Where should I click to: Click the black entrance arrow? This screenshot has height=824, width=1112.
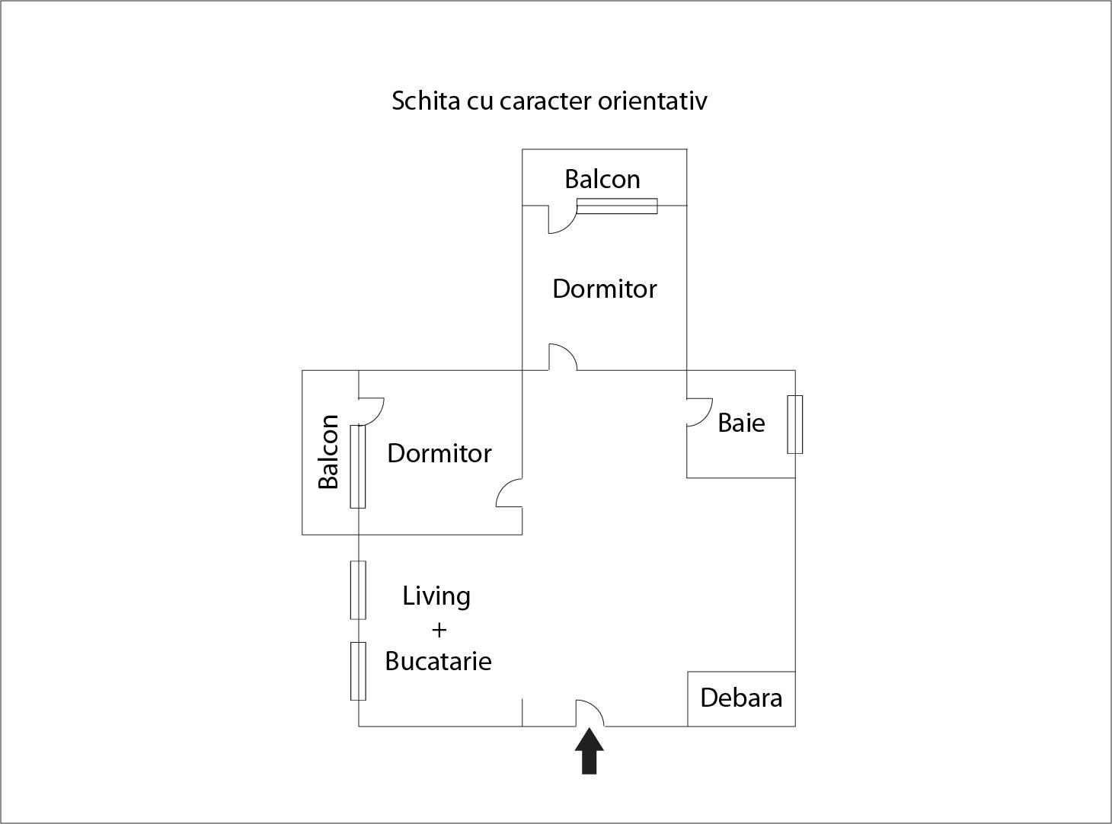coord(589,752)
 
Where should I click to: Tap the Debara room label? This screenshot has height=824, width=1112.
coord(741,698)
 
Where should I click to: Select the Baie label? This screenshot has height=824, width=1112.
coord(741,423)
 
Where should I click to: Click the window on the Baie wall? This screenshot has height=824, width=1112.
coord(794,424)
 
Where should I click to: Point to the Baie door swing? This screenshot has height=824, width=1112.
coord(699,412)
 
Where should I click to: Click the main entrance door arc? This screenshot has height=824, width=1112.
coord(590,713)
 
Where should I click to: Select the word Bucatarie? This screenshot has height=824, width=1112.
coord(438,661)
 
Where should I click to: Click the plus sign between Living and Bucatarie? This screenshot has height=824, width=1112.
coord(439,630)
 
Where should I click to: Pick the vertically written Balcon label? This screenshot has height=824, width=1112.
coord(329,452)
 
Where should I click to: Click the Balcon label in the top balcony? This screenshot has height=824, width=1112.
coord(602,179)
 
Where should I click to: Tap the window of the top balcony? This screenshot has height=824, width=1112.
coord(617,206)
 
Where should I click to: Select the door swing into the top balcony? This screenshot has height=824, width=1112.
coord(562,219)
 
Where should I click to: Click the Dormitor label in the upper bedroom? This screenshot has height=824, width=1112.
coord(605,289)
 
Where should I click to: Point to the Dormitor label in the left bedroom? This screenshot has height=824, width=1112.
coord(439,453)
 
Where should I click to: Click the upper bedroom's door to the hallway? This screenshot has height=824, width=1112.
coord(563,357)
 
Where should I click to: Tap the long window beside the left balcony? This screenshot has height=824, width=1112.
coord(357,466)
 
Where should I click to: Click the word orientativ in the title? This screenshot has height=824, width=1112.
coord(652,101)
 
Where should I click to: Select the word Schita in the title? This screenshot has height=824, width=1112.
coord(426,101)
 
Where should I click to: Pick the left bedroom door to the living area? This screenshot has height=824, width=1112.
coord(509,493)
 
